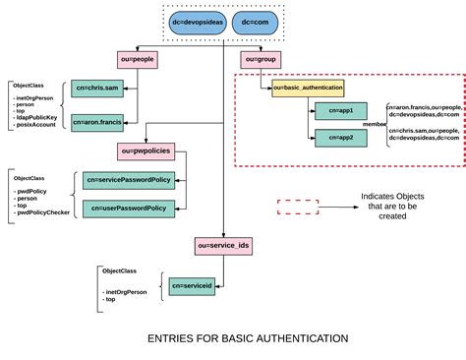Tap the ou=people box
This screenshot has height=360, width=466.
[138, 60]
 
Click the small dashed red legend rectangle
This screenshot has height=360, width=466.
[297, 207]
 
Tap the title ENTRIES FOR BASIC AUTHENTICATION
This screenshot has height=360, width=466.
[233, 338]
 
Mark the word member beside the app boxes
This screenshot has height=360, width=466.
[374, 125]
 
